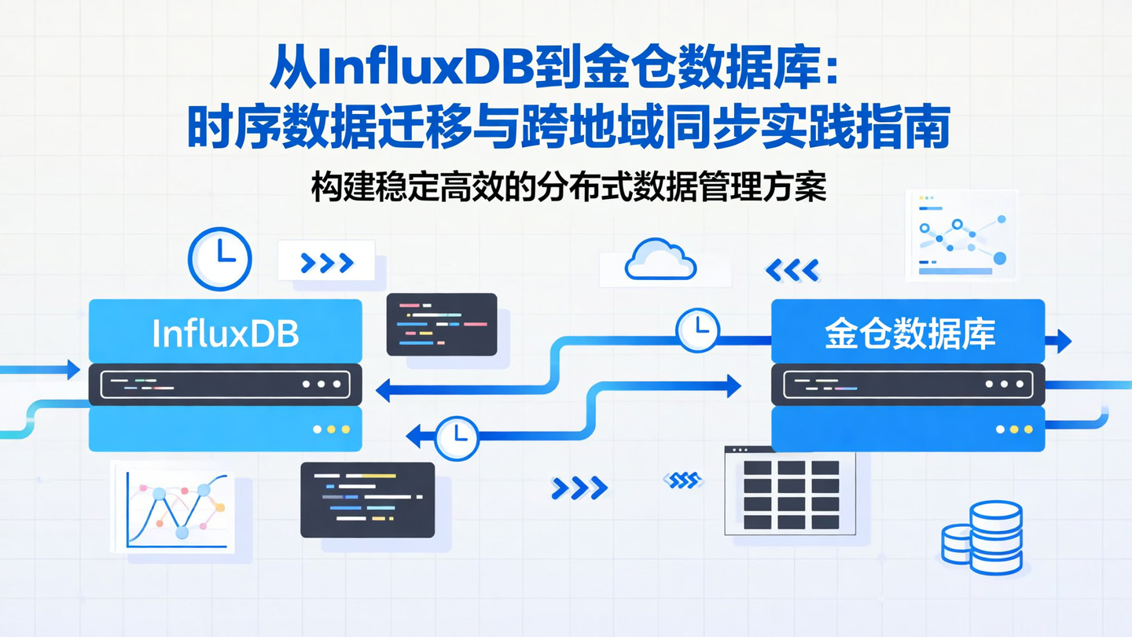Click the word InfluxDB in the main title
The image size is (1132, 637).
[424, 70]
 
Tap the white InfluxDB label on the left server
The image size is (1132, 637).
[225, 333]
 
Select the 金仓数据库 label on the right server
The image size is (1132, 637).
[910, 334]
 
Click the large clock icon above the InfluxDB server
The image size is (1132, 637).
[220, 259]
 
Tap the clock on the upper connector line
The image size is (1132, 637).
[697, 329]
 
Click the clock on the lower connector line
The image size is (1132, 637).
[457, 437]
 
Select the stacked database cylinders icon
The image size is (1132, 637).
[983, 537]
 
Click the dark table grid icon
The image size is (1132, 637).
[791, 494]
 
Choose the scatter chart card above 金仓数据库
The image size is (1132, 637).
[962, 234]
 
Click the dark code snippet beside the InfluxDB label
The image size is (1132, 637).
[442, 324]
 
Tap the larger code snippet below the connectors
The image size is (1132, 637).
[367, 499]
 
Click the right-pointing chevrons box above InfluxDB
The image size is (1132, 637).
[326, 263]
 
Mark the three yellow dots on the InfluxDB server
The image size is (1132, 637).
[331, 429]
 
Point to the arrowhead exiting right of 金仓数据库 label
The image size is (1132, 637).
[1063, 341]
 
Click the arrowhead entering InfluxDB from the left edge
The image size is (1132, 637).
[73, 369]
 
